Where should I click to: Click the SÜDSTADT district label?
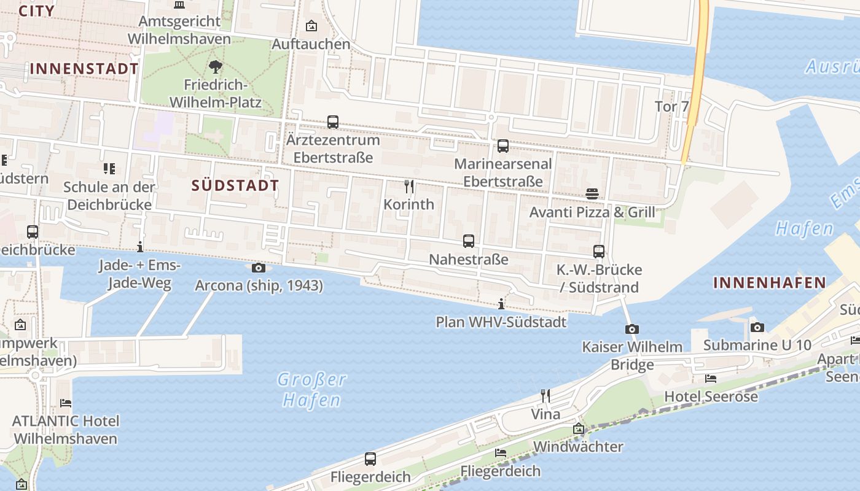point(235,185)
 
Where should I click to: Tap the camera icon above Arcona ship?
point(259,268)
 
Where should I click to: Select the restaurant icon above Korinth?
point(409,186)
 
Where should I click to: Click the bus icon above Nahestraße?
point(469,241)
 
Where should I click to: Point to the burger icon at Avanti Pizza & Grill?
point(592,194)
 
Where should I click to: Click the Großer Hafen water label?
point(311,390)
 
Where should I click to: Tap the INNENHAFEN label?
point(769,283)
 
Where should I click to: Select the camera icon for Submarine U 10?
point(757,327)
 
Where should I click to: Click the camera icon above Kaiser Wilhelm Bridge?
point(632,329)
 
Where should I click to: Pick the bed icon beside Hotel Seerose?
point(711,379)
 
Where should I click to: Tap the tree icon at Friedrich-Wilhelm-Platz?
point(215,66)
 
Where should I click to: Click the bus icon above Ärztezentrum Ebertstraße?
point(333,122)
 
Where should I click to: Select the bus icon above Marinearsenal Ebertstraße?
point(503,146)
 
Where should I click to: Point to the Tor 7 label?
point(672,106)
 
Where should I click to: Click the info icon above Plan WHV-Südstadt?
point(501,304)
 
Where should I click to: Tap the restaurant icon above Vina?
point(545,396)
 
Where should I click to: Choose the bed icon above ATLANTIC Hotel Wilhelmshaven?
point(65,403)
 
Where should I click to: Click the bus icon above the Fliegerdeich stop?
point(370,459)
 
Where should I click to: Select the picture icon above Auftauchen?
point(311,26)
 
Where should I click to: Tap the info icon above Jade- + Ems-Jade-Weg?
point(140,247)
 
